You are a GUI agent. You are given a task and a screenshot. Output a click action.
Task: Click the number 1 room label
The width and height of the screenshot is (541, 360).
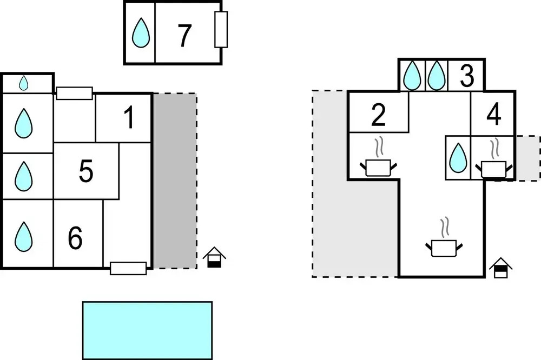click(129, 118)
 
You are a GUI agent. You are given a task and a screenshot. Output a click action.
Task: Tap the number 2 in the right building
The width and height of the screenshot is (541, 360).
click(378, 115)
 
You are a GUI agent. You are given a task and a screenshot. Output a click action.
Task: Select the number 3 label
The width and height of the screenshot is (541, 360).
click(466, 77)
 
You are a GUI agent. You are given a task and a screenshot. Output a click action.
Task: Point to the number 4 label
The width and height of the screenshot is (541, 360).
click(493, 115)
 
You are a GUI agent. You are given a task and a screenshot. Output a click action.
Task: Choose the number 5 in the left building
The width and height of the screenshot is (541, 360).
click(85, 171)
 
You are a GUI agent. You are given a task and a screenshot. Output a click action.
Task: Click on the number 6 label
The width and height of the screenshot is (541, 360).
click(75, 238)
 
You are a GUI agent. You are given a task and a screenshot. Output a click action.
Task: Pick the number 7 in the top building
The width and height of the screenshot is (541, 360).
click(184, 36)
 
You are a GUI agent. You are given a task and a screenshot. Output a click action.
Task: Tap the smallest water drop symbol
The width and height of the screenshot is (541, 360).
click(24, 83)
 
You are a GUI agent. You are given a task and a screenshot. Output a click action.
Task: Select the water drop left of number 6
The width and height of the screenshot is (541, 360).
click(23, 236)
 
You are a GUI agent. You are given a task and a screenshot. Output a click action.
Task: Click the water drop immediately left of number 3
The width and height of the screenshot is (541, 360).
click(436, 76)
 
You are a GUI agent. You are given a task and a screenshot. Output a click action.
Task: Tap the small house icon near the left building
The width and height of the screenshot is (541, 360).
click(215, 257)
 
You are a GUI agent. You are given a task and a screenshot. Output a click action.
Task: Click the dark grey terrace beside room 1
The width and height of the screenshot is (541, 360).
click(174, 181)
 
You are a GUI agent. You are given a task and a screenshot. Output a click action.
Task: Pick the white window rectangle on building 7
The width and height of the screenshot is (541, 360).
click(220, 30)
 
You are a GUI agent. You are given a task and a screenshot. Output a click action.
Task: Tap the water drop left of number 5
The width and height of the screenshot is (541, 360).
click(23, 174)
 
